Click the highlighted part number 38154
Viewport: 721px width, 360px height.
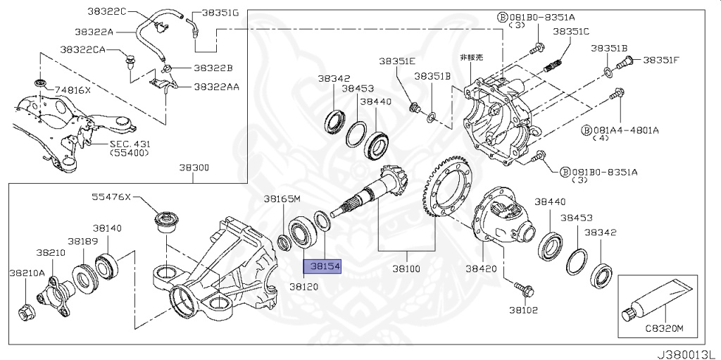click(322, 268)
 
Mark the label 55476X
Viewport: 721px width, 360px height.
click(111, 197)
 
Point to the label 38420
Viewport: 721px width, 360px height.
click(480, 269)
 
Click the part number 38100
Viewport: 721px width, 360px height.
click(410, 269)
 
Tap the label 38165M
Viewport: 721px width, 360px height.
click(282, 199)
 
